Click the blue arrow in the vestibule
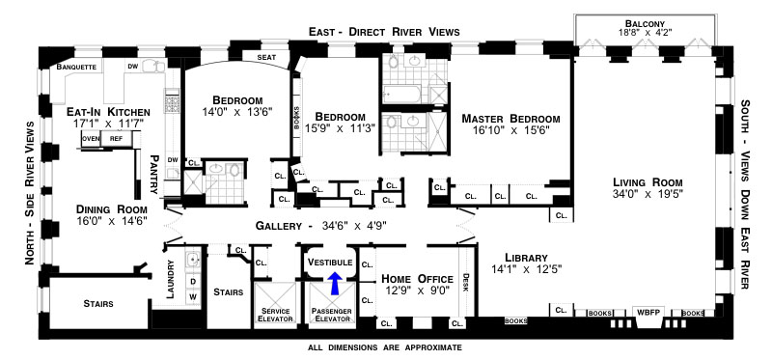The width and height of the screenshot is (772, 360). [335, 284]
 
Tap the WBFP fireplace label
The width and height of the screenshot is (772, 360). [648, 313]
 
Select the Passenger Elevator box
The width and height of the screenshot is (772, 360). [331, 303]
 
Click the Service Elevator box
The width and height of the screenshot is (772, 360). [275, 303]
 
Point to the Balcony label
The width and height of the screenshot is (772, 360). [645, 23]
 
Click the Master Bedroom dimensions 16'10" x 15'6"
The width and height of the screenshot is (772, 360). [511, 130]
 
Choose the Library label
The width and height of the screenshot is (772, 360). [526, 258]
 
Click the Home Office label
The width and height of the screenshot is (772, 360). [417, 279]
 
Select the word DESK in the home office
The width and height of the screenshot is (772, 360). [465, 283]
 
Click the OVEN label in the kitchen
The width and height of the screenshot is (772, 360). [91, 139]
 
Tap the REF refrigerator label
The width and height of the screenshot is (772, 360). [116, 139]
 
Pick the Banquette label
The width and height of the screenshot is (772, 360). [76, 67]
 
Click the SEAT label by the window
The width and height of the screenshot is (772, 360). [266, 57]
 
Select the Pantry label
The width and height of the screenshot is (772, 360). [154, 175]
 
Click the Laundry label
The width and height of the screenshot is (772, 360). [171, 280]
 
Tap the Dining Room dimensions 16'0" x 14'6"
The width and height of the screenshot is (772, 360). [112, 222]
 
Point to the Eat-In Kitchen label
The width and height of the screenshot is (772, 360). [108, 112]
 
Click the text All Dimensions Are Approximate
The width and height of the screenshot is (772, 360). [384, 347]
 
